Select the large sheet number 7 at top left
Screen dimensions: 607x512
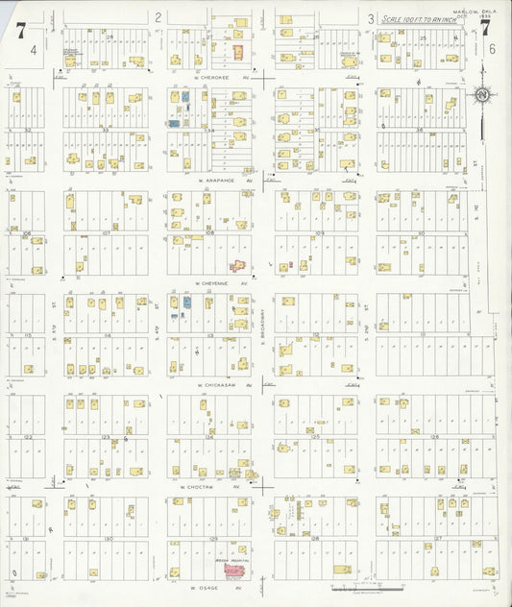point(20,28)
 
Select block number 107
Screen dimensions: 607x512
point(106,232)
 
